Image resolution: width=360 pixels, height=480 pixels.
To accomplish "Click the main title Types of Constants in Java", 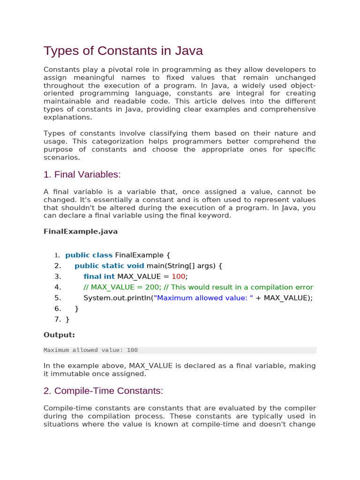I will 123,51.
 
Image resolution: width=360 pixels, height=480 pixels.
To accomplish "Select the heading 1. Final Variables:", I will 82,175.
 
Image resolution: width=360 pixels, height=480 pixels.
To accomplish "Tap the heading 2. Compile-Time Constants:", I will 103,391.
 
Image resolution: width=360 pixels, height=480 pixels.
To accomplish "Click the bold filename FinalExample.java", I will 81,232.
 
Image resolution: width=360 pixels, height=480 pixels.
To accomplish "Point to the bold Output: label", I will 59,335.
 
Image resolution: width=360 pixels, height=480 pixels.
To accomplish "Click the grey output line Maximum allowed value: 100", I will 90,350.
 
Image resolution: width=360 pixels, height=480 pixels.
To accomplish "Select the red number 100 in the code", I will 179,277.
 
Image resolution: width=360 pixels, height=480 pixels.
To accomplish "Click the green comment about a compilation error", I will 198,287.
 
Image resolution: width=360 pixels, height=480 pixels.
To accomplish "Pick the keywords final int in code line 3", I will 99,277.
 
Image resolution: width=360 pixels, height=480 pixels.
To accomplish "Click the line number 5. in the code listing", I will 58,298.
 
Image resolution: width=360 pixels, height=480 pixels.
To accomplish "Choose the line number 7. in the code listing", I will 58,320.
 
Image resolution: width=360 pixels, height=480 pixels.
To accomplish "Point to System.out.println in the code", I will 117,298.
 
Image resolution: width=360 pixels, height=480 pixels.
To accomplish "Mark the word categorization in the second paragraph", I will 126,142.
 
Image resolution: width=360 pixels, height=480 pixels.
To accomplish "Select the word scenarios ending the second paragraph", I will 61,157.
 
